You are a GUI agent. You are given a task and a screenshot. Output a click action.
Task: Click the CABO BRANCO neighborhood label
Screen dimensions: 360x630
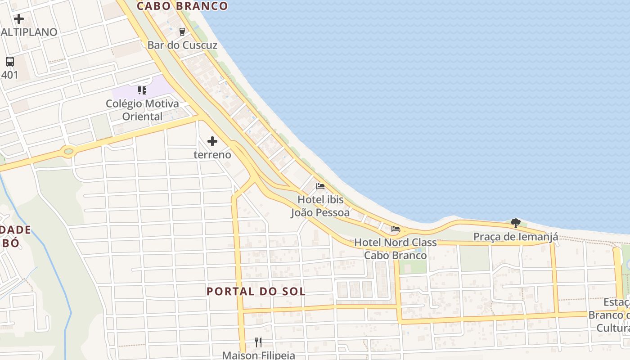182,6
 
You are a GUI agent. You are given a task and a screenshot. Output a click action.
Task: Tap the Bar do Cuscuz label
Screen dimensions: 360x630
182,45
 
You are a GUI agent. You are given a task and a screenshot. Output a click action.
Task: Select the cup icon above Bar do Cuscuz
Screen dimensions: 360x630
182,31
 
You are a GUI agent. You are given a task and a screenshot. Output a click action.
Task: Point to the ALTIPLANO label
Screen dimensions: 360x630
29,32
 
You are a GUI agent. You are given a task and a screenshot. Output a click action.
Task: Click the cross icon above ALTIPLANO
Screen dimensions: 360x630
19,19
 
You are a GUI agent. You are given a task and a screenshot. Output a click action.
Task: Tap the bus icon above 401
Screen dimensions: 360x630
10,62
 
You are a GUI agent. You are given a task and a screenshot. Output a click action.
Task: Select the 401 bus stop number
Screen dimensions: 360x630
10,75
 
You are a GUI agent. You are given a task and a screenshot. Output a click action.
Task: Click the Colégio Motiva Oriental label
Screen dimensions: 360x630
142,110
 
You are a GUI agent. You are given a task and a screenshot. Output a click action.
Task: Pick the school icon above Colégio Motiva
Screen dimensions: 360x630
142,90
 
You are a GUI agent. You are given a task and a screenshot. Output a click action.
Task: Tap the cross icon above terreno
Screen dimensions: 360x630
212,142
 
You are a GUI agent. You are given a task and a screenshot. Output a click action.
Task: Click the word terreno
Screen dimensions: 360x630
212,155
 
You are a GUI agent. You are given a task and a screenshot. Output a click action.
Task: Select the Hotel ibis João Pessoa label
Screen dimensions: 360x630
320,206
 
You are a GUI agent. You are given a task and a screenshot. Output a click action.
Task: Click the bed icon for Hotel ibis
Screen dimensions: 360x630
320,186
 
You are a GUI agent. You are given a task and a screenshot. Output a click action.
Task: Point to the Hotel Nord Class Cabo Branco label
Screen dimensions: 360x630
396,249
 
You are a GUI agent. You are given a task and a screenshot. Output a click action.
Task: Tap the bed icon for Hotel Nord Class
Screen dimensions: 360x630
396,229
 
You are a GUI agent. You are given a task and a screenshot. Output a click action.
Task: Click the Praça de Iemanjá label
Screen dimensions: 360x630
516,237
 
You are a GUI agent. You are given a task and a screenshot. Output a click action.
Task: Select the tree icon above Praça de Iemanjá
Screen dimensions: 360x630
516,223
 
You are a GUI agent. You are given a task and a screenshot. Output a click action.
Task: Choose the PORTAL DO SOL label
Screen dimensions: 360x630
256,291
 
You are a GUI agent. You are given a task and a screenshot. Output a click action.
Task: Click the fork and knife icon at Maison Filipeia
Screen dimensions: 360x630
258,342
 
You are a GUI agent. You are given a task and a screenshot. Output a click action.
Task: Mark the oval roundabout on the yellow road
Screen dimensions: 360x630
68,152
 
